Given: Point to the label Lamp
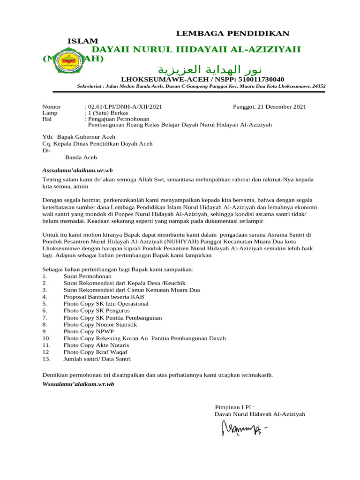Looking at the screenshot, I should point(50,113).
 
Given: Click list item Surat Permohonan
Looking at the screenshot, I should point(84,277).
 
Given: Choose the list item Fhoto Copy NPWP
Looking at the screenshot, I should point(89,331).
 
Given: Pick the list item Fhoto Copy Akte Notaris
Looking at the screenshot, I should point(96,345).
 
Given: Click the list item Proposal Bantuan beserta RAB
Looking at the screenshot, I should point(104,297).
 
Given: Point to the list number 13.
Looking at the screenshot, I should point(46,359).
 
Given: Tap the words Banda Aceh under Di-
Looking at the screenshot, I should point(81,157).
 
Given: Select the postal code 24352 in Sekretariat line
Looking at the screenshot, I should point(319,86).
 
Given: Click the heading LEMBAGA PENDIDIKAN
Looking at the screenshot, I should point(232,33).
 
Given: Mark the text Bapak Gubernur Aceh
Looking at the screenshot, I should point(86,137).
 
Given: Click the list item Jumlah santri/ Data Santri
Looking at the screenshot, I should point(97,359).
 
